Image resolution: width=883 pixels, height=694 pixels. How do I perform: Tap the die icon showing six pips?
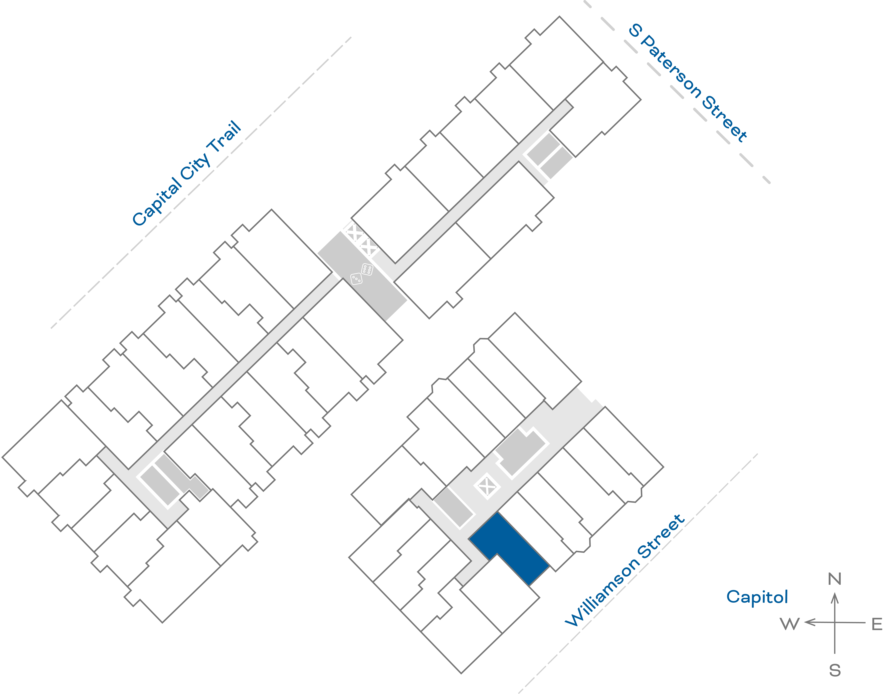(367, 269)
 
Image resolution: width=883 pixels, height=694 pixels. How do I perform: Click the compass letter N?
(835, 579)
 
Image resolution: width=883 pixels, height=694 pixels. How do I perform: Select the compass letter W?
(790, 624)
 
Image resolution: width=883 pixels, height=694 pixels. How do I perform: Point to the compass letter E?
(877, 624)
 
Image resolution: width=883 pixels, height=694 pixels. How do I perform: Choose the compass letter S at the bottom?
(835, 670)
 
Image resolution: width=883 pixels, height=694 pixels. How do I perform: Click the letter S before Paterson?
(635, 31)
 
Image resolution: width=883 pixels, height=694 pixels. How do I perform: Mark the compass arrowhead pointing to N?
(835, 597)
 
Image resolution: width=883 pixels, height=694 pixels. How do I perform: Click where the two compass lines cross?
(835, 622)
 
